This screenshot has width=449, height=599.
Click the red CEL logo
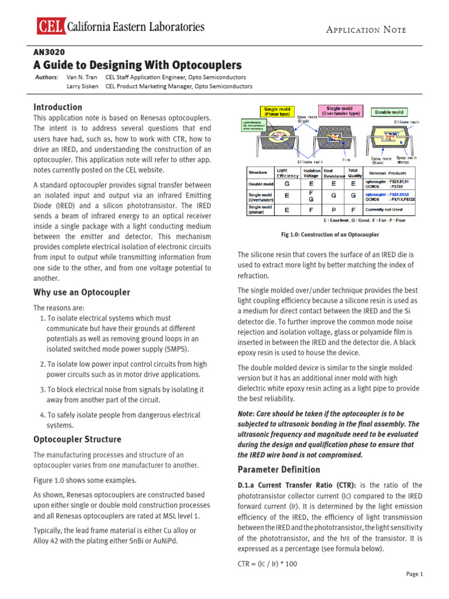50,26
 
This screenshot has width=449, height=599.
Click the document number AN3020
49,51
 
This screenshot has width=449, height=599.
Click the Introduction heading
58,107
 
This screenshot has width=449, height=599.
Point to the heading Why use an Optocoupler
81,292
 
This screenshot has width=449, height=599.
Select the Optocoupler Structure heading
77,439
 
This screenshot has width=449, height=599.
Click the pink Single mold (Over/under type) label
339,111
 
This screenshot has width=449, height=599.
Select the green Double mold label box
391,111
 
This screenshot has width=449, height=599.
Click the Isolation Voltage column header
311,173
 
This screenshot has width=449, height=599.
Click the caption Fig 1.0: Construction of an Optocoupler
330,235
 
